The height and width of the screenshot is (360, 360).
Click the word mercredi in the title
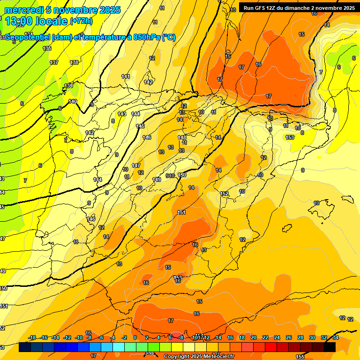(x=23, y=10)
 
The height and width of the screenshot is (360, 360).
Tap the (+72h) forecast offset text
(x=81, y=21)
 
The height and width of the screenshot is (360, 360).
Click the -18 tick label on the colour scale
(x=32, y=338)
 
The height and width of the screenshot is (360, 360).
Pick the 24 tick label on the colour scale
(x=277, y=338)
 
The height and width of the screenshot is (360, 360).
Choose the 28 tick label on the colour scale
(x=300, y=338)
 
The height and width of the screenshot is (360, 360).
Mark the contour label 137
(x=54, y=62)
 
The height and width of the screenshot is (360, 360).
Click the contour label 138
(x=74, y=62)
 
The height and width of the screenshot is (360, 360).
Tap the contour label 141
(x=126, y=76)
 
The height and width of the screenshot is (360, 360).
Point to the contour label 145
(x=140, y=126)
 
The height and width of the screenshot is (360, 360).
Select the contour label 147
(x=136, y=165)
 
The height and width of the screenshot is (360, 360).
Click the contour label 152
(x=224, y=194)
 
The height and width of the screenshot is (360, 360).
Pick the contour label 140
(x=73, y=101)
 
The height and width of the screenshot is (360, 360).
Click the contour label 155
(x=300, y=357)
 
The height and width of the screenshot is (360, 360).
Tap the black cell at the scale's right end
(x=330, y=347)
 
